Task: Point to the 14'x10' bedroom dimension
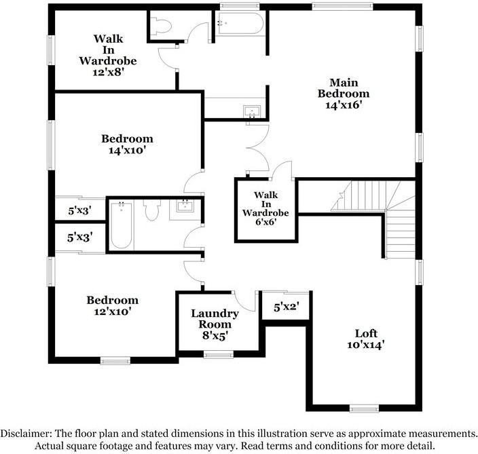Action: point(127,151)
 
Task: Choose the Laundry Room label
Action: point(214,319)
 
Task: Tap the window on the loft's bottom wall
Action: point(365,409)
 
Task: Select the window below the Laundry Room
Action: point(219,354)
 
